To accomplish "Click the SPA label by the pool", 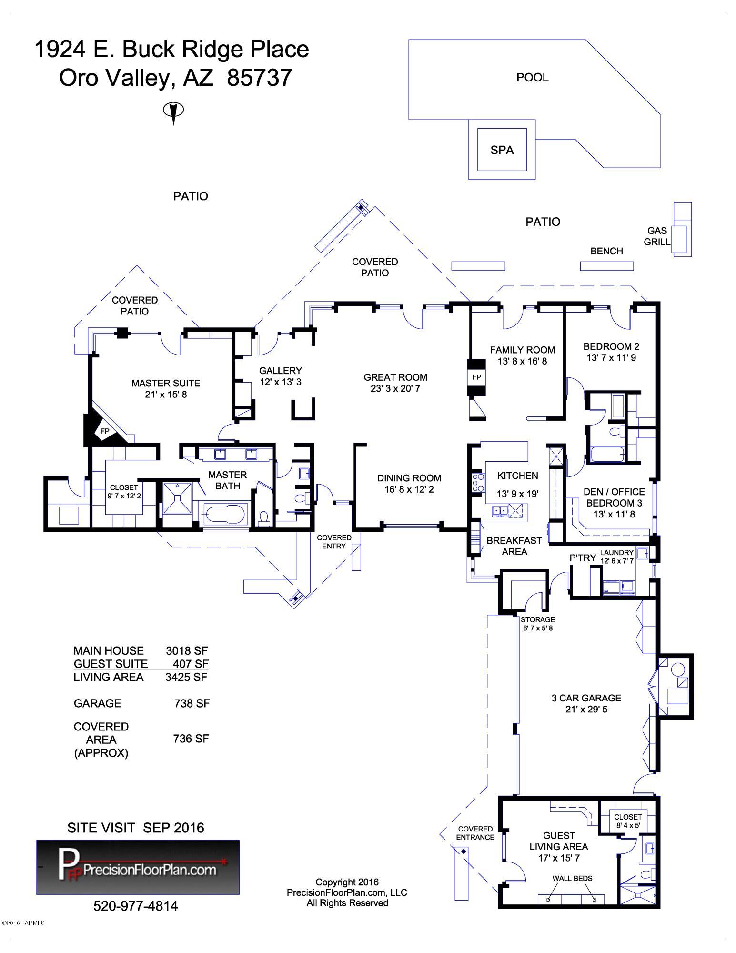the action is point(502,150).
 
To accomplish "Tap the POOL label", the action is point(533,77).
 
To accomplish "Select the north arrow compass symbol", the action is point(173,112).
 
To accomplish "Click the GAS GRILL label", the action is point(657,236).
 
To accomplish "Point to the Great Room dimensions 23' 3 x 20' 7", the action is point(395,388).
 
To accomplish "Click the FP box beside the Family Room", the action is point(476,377).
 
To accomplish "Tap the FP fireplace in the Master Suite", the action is point(105,431).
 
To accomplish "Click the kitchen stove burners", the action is point(478,482).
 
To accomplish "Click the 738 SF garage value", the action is point(192,703).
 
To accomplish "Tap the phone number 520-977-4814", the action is point(136,906).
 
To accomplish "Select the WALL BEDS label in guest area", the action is point(572,878).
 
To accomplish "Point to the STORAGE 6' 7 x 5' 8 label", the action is point(538,624).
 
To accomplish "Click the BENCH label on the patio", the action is point(606,251).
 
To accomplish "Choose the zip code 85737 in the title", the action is point(260,78).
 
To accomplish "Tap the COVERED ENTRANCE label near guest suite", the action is point(475,833).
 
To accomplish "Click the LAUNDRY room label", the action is point(616,553).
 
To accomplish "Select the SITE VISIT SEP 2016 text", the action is point(136,828).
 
